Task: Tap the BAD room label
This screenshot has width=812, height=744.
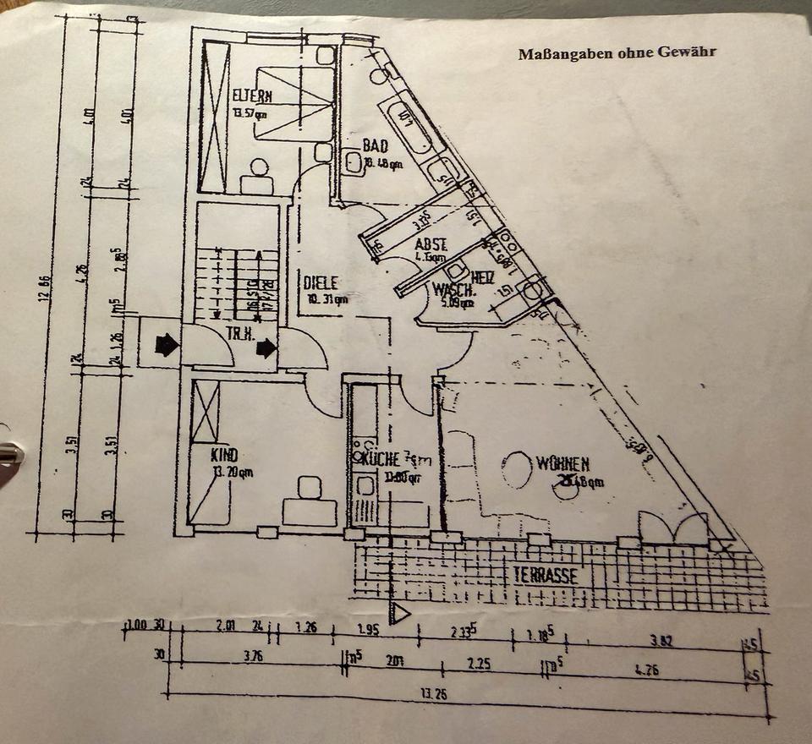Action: [x=375, y=146]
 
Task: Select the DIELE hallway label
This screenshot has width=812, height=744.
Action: [x=321, y=283]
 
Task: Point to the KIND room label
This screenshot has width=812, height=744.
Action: [x=223, y=456]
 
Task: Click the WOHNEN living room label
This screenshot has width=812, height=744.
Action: [x=562, y=463]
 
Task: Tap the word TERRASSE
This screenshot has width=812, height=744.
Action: [x=546, y=576]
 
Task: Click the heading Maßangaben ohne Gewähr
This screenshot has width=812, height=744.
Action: [x=617, y=52]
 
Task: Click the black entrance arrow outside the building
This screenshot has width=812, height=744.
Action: [x=167, y=344]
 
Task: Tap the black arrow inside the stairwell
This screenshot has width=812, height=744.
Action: [x=266, y=347]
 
